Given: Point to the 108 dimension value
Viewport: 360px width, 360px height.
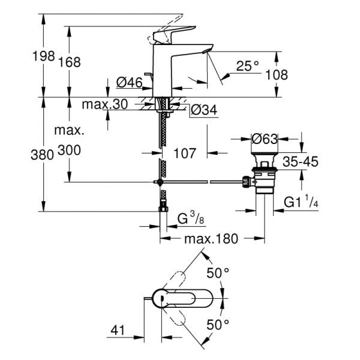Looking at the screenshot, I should [x=277, y=75].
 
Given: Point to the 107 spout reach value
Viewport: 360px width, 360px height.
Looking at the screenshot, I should [x=185, y=153].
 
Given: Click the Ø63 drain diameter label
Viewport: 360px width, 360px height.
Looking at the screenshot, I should [x=265, y=139].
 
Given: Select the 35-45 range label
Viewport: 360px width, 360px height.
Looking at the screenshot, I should [x=301, y=162].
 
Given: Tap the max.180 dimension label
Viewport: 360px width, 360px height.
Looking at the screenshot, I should [x=211, y=239].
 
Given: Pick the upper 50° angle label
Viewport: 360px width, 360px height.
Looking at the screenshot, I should [x=218, y=274].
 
